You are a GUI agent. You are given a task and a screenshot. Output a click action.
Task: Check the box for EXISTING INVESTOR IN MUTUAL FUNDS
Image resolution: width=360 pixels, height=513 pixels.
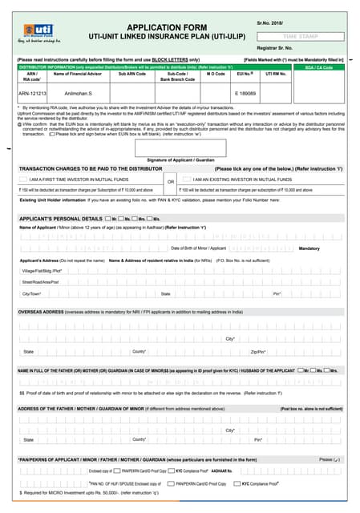pyautogui.click(x=186, y=180)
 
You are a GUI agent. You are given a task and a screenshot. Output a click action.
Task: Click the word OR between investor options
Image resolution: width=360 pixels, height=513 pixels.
pyautogui.click(x=171, y=181)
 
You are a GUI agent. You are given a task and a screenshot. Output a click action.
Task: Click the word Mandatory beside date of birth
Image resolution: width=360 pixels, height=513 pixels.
pyautogui.click(x=309, y=249)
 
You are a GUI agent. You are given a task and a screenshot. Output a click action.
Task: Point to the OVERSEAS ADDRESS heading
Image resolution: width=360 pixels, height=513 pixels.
pyautogui.click(x=40, y=311)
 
